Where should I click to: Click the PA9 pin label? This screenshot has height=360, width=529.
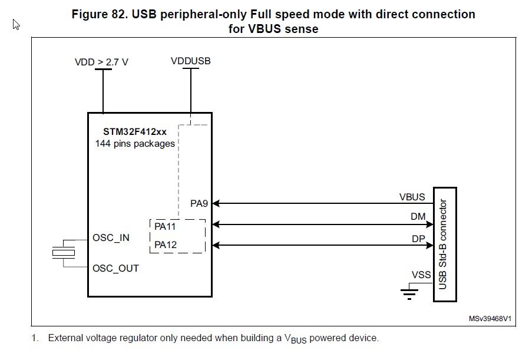[199, 203]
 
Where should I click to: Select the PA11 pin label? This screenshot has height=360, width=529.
[165, 226]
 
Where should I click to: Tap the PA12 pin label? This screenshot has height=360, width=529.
[166, 245]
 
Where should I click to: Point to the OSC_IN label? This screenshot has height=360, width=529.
[111, 238]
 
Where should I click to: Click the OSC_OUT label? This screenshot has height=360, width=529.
[115, 268]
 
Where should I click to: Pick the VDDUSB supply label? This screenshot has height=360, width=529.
[191, 61]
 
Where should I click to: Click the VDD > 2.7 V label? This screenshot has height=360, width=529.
[101, 62]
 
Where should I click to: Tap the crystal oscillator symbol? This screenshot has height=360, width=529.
[64, 253]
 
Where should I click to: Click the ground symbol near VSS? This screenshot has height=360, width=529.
[409, 294]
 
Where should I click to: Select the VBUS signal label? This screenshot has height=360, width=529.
[412, 197]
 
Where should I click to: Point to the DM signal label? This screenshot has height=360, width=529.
[418, 216]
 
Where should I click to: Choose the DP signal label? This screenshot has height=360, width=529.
[418, 239]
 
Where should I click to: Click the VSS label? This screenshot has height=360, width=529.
[421, 275]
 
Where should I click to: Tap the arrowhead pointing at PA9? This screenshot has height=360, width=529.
[216, 203]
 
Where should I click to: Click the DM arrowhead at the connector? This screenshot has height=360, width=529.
[430, 224]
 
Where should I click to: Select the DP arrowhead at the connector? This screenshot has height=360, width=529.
[430, 245]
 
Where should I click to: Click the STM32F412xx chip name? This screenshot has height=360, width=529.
[135, 131]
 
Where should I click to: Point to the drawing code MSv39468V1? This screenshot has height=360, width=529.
[490, 319]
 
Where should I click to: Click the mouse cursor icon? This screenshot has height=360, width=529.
[16, 24]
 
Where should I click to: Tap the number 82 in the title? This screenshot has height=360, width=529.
[118, 14]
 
